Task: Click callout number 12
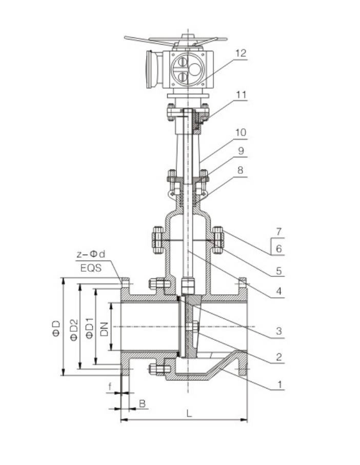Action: click(241, 53)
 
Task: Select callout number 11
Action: click(241, 95)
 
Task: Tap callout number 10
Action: click(241, 132)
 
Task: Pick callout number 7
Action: click(278, 231)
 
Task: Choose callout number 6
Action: click(278, 248)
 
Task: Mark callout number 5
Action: click(278, 270)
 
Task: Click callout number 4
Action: click(278, 291)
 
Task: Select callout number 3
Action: click(278, 331)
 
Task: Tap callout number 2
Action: click(278, 357)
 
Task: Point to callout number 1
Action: click(278, 383)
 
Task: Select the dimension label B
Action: click(142, 403)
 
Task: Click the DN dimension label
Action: click(105, 327)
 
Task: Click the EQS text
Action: click(91, 267)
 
